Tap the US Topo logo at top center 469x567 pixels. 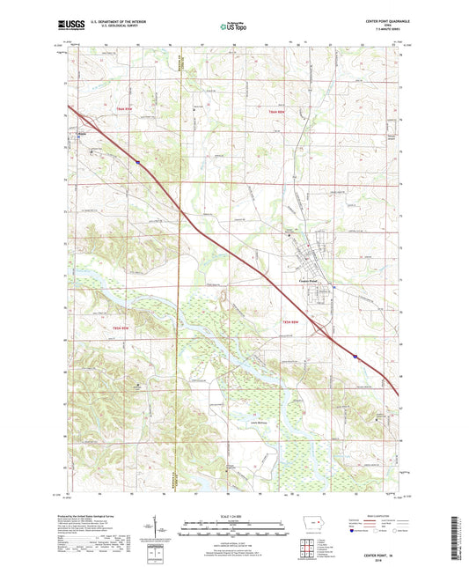[x=231, y=26]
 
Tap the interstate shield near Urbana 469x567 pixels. [x=137, y=162]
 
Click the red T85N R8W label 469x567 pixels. [x=293, y=323]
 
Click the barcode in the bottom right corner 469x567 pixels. [x=455, y=540]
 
